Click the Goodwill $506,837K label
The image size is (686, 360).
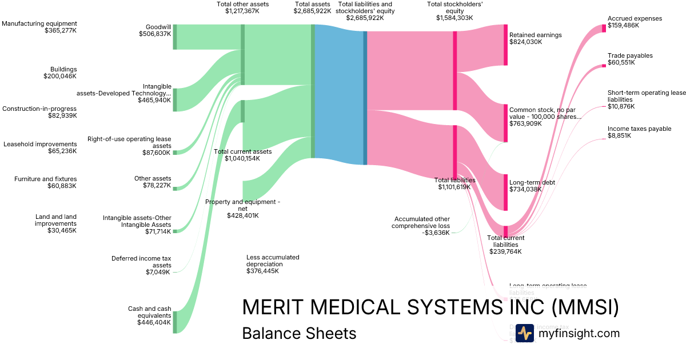point(155,30)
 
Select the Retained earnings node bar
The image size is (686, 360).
point(505,45)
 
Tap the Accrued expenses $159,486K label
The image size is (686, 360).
point(635,22)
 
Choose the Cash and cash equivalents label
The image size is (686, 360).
point(150,315)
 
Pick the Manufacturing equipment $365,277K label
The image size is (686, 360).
point(39,27)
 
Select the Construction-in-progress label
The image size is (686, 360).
point(39,112)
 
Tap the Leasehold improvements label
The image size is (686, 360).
point(40,147)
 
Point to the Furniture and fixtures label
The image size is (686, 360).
point(46,182)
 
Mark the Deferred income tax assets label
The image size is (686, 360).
point(141,265)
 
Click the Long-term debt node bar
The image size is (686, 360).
point(505,193)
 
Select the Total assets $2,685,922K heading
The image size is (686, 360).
point(312,7)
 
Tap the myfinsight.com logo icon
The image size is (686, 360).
point(524,333)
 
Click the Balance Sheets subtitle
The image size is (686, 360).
point(299,333)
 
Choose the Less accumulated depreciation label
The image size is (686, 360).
point(273,264)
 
